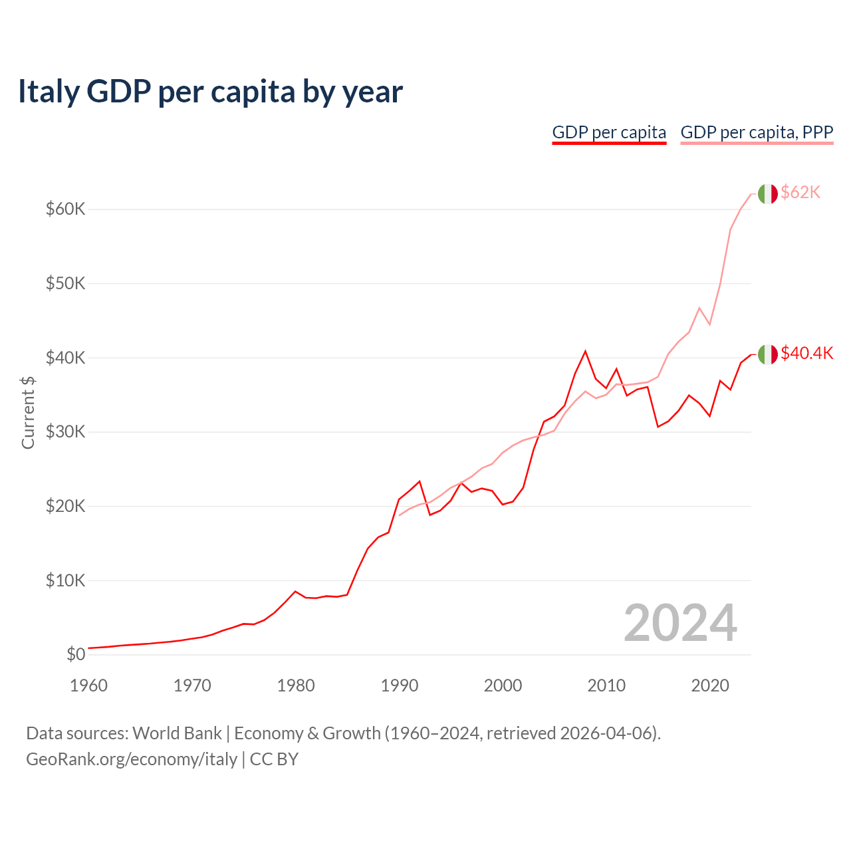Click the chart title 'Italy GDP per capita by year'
210,92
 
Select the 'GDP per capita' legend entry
609,132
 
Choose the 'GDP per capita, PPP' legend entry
757,132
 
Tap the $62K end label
800,192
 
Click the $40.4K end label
806,353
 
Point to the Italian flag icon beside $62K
767,193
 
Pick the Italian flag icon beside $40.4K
767,354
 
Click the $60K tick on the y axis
65,209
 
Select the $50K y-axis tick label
65,284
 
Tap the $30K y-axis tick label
65,432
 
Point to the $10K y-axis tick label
65,580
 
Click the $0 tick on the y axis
76,655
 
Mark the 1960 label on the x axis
88,685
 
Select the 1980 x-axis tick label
296,685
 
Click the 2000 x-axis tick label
503,685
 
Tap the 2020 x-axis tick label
710,685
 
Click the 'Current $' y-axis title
28,412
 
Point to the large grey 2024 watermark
680,623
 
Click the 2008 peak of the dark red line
585,351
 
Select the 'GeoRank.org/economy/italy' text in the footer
132,759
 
